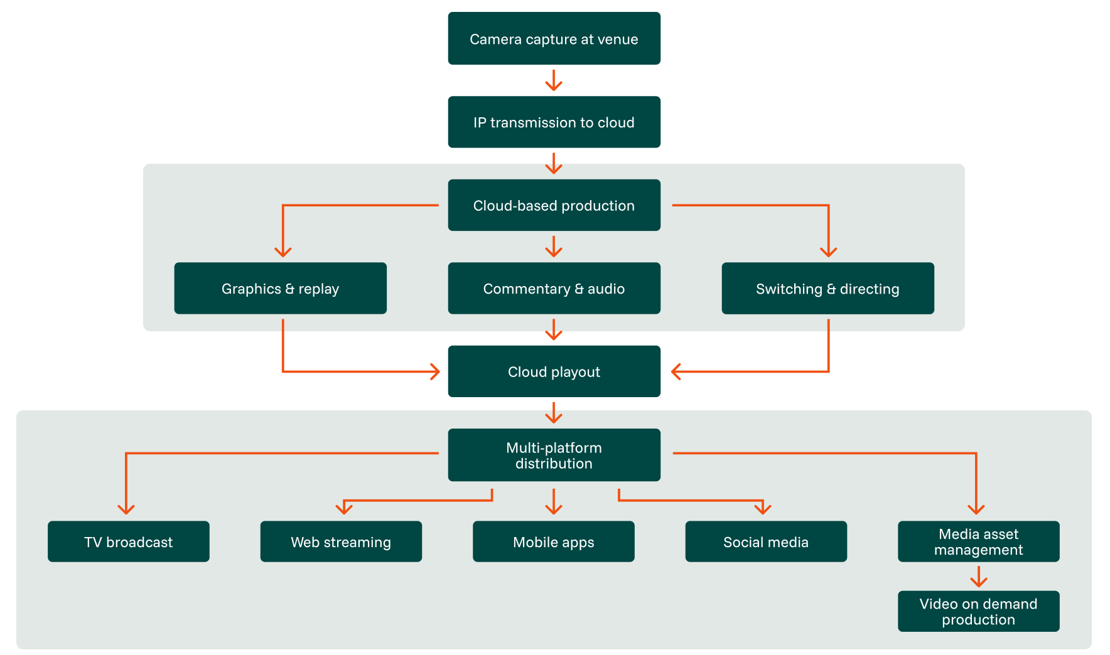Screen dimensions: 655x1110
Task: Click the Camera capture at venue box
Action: pos(554,38)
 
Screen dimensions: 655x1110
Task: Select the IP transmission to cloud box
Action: pos(554,122)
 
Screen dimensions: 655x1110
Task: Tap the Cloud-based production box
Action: pos(554,205)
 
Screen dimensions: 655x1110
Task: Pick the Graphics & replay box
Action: pos(280,289)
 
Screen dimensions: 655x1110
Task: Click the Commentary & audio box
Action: pos(554,289)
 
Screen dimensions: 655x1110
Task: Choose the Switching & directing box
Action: pos(827,289)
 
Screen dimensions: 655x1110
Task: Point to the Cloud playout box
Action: pos(554,371)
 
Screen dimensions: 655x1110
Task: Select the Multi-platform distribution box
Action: pos(554,455)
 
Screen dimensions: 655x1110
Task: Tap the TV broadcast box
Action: pos(128,541)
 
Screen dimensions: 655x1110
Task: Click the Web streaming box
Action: pos(341,541)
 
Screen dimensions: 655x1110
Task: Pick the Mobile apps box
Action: pos(553,541)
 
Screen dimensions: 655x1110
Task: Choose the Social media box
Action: pos(766,541)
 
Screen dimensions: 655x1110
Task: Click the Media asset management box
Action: pos(978,541)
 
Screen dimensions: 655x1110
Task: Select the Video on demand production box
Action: pos(978,611)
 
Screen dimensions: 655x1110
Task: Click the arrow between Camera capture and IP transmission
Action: pos(553,80)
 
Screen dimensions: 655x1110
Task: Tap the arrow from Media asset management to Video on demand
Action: pos(978,577)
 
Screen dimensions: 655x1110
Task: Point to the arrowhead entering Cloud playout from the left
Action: pos(434,371)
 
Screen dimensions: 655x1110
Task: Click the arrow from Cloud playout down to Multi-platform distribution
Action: pos(553,413)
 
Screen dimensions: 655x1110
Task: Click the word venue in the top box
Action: pos(618,40)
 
